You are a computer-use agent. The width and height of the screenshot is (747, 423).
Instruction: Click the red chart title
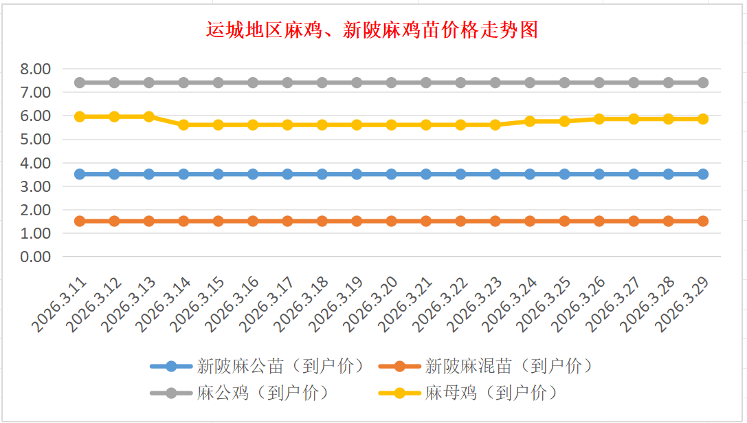[372, 31]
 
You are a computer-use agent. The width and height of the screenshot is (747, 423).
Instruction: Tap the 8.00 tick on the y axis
[36, 69]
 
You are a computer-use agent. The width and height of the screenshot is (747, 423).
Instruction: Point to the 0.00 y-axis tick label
[36, 257]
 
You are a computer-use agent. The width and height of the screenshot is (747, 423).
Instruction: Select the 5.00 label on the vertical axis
[36, 139]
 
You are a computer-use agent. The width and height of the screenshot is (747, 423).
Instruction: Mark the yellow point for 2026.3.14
[183, 124]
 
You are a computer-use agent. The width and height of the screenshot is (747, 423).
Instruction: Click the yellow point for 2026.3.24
[530, 121]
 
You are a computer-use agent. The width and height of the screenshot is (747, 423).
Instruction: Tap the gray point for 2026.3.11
[80, 83]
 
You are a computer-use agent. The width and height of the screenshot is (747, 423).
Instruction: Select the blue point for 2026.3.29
[703, 174]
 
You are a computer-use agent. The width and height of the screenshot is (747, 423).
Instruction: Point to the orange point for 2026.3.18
[322, 221]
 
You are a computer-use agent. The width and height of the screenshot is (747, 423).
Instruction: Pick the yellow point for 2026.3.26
[599, 119]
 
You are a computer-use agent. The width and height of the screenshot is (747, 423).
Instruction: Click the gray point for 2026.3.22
[460, 83]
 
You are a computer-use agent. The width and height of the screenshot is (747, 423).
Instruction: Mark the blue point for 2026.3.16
[253, 174]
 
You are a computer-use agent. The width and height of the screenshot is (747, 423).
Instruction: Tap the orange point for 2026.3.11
[80, 221]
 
